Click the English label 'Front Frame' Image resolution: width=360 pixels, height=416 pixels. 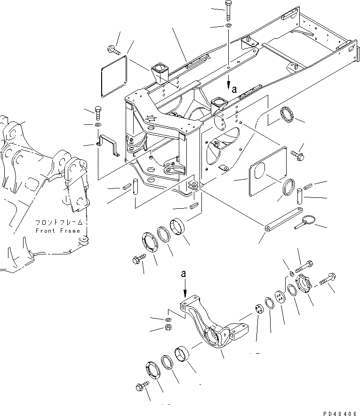click(58, 231)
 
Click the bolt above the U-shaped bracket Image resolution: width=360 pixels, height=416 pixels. click(97, 113)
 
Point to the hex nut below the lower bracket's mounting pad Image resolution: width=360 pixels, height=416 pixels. click(168, 328)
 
